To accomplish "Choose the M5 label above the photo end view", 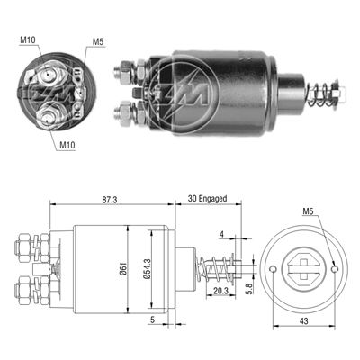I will (96, 40).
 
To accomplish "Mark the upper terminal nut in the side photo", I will (126, 70).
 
